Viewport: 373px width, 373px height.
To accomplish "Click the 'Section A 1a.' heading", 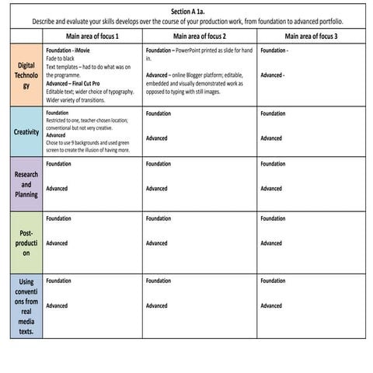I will (x=186, y=12).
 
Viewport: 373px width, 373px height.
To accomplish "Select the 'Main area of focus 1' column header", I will (x=92, y=37).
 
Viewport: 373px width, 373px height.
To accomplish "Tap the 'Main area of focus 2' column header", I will (x=200, y=37).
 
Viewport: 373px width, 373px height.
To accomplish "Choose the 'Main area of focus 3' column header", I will (x=311, y=37).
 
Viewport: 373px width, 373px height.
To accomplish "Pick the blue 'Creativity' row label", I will (x=26, y=132).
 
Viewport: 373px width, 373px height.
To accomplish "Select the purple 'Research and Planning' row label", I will (x=26, y=183).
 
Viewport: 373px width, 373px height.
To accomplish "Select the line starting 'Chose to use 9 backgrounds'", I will (x=87, y=142).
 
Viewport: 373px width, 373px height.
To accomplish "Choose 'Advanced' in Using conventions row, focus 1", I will (x=57, y=305).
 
